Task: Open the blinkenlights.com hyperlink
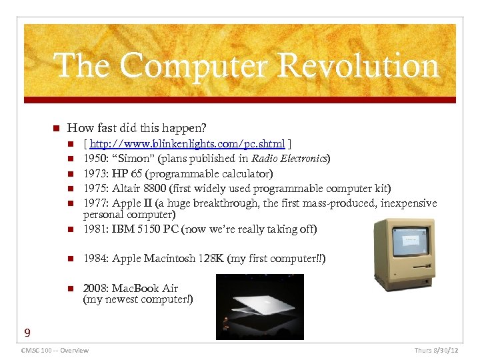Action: tap(187, 144)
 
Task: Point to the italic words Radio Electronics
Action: tap(288, 159)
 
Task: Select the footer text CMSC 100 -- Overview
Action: tap(55, 350)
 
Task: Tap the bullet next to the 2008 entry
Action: tap(71, 289)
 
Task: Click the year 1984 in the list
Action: tap(95, 258)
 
